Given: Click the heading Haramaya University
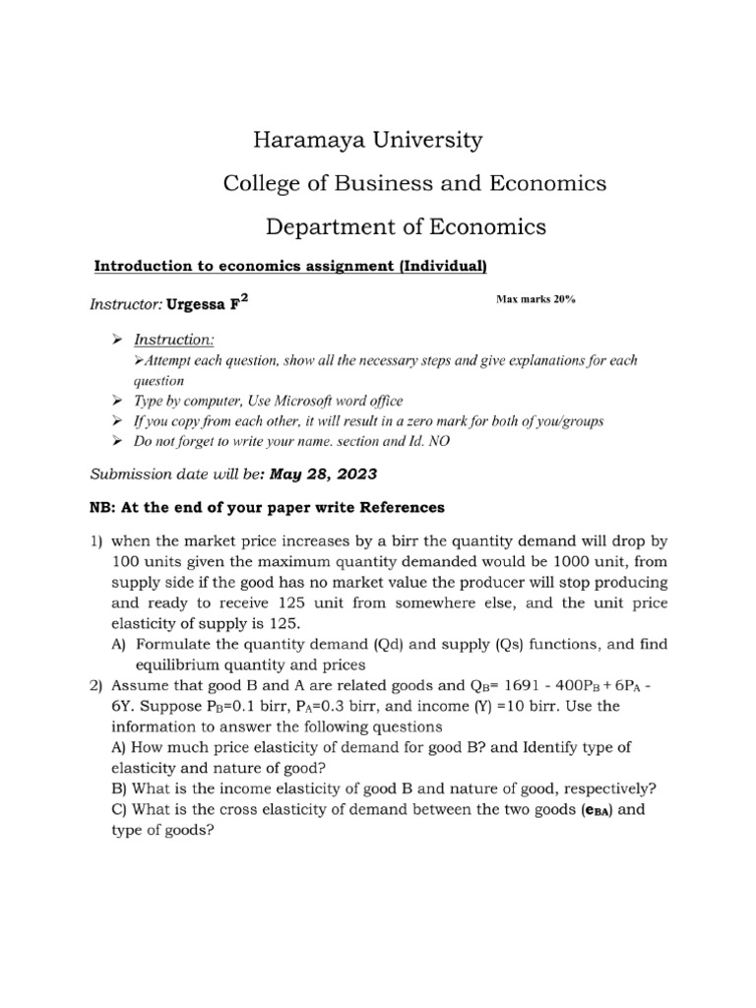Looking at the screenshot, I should [367, 140].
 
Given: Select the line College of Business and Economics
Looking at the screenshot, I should [414, 183].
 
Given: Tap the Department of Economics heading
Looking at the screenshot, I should [406, 226].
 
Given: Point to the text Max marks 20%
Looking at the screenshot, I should [536, 299].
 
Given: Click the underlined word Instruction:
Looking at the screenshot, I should [173, 340].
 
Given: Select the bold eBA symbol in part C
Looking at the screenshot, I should [596, 810].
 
